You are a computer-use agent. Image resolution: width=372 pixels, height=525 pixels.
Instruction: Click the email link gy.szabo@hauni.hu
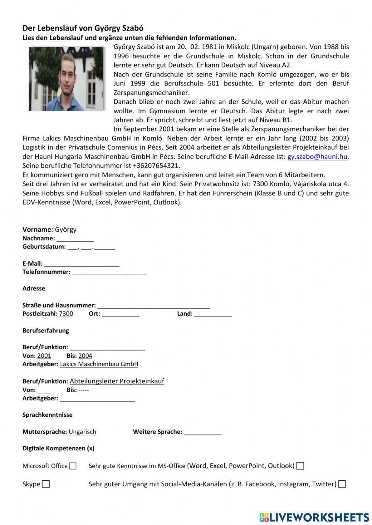point(317,157)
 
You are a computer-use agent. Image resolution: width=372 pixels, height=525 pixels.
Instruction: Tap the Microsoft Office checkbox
point(73,466)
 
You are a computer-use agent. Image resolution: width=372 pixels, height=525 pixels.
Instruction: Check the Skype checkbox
point(46,484)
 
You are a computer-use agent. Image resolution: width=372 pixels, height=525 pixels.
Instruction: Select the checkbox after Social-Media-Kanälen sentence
point(342,484)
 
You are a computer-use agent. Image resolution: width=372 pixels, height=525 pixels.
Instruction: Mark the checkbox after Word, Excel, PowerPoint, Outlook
point(300,466)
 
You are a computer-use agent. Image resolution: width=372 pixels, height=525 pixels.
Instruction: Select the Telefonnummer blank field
point(110,272)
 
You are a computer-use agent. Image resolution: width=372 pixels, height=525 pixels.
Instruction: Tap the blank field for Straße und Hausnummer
point(153,306)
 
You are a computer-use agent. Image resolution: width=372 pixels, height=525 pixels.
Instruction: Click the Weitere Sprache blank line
point(202,432)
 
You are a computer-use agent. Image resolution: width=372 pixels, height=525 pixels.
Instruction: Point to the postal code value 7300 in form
point(66,314)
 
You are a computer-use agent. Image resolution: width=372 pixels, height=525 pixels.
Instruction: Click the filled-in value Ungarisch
point(82,432)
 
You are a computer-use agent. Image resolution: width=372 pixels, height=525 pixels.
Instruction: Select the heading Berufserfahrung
point(45,330)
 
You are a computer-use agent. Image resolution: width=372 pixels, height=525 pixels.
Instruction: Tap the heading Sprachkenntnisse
point(47,415)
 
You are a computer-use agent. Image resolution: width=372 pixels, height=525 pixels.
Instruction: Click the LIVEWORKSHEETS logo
point(314,517)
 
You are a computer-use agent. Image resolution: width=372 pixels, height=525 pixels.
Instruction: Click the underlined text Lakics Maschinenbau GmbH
point(99,364)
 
